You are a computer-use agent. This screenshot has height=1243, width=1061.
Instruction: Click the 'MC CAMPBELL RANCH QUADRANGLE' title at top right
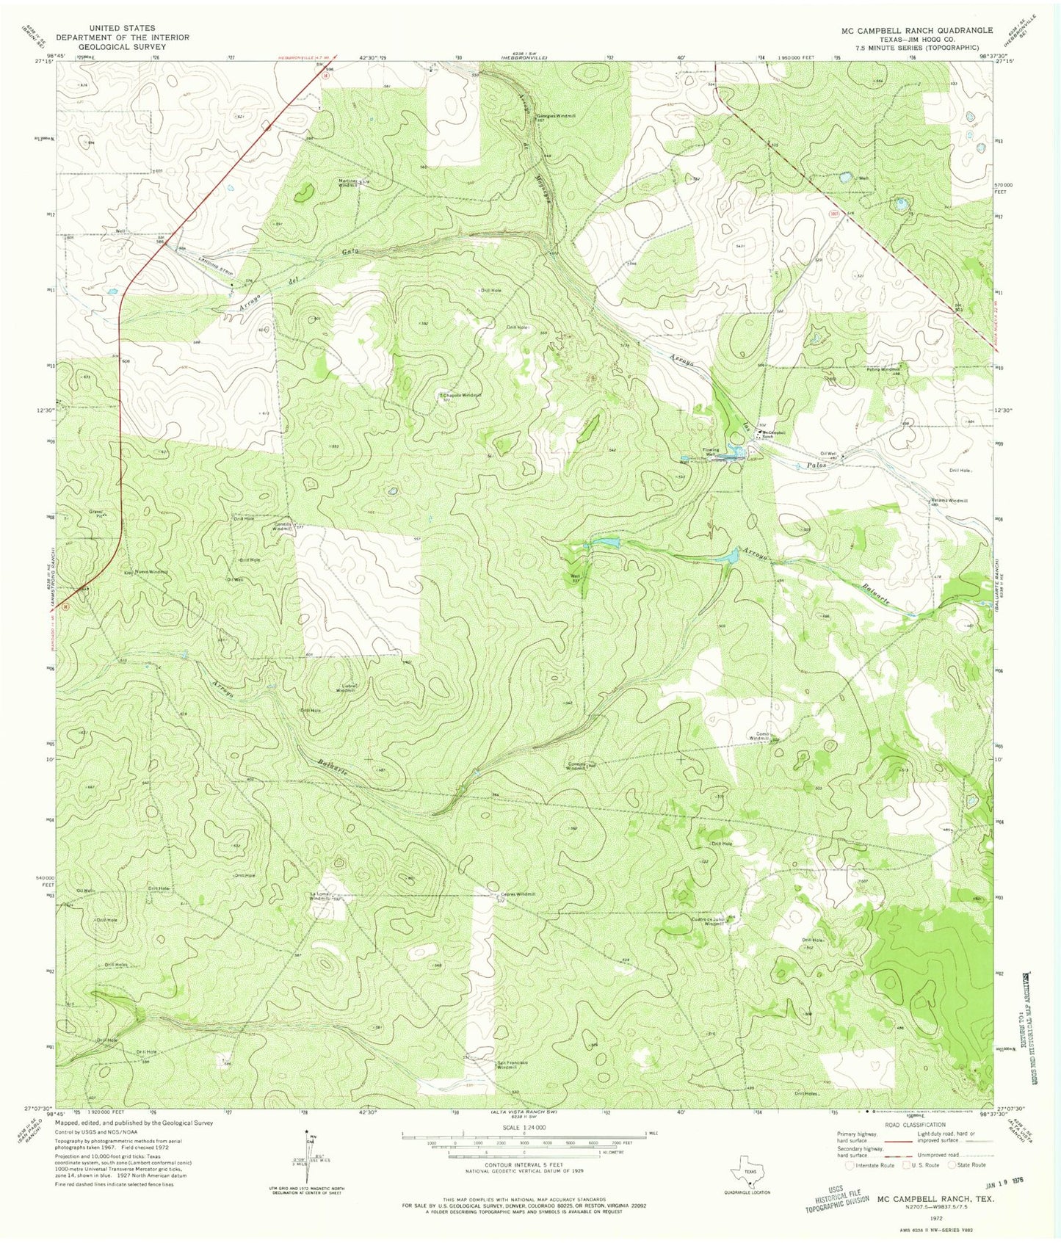pyautogui.click(x=917, y=30)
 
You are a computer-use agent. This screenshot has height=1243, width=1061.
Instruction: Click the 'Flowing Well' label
pyautogui.click(x=709, y=453)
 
